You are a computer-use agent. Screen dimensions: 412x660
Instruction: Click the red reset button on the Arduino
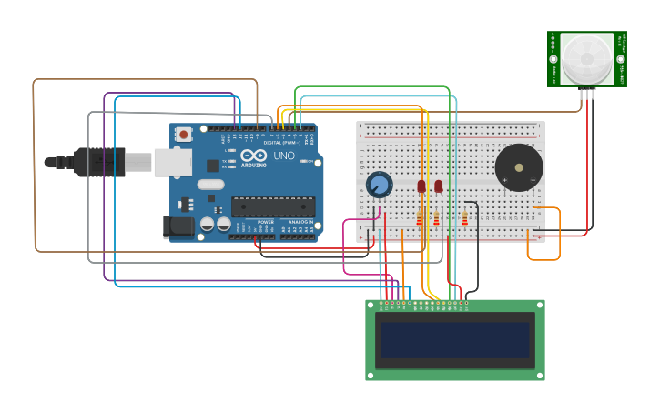pyautogui.click(x=183, y=135)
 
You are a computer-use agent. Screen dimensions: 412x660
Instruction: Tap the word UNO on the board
pyautogui.click(x=284, y=156)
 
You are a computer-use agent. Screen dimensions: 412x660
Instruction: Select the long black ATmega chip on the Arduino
pyautogui.click(x=272, y=206)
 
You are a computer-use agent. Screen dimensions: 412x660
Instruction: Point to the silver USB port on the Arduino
pyautogui.click(x=172, y=162)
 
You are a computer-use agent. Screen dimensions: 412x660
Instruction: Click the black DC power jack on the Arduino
pyautogui.click(x=178, y=226)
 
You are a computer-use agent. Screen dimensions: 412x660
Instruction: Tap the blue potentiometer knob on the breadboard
pyautogui.click(x=379, y=186)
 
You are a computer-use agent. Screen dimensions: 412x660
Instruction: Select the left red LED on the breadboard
pyautogui.click(x=421, y=186)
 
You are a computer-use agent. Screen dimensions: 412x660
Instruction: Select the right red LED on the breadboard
pyautogui.click(x=438, y=186)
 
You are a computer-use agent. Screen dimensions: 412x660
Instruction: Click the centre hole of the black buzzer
pyautogui.click(x=519, y=167)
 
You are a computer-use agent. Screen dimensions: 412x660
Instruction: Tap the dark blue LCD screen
pyautogui.click(x=455, y=340)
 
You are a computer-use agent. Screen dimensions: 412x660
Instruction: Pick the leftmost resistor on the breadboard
pyautogui.click(x=420, y=218)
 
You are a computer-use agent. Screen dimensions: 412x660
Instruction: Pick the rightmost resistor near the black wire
pyautogui.click(x=464, y=218)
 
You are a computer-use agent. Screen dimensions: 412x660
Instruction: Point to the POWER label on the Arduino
pyautogui.click(x=266, y=222)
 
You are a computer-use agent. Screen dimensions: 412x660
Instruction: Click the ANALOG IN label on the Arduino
pyautogui.click(x=301, y=222)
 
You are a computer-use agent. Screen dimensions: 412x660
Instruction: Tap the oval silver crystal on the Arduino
pyautogui.click(x=210, y=185)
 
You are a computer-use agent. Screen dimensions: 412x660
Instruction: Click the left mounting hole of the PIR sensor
pyautogui.click(x=553, y=60)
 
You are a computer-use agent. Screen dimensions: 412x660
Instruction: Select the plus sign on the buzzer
pyautogui.click(x=504, y=180)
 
